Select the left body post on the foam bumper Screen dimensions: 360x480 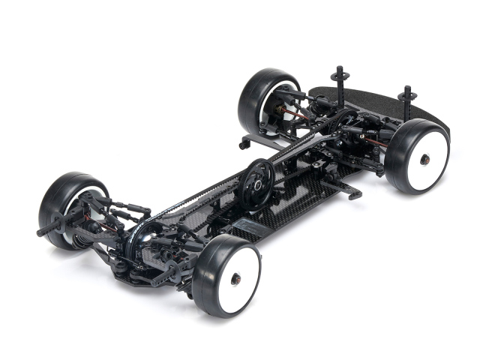point(338,81)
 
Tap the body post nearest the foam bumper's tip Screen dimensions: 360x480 point(408,100)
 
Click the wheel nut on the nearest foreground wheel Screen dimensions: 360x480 point(235,279)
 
